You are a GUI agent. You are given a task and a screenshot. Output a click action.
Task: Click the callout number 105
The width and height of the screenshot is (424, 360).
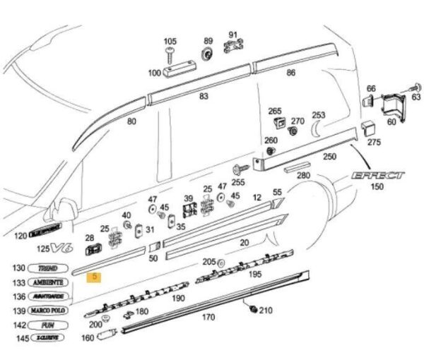coord(170,41)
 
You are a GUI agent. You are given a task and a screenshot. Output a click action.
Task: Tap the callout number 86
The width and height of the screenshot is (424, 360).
coord(290,73)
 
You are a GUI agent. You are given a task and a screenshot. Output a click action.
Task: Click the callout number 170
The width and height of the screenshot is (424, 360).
coord(208,318)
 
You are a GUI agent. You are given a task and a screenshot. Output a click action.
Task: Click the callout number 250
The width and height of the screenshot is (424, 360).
coord(329,157)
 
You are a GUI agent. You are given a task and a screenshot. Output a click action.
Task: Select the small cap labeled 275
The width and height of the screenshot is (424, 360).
coord(367,127)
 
